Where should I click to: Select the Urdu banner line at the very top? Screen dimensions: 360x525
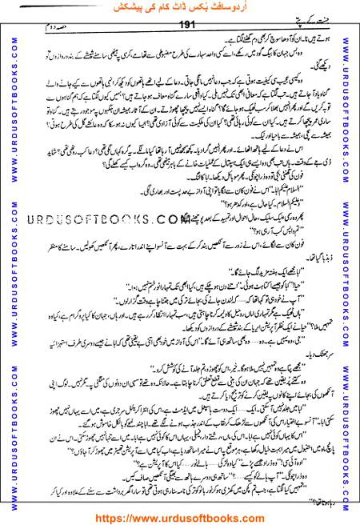[x=181, y=10]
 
